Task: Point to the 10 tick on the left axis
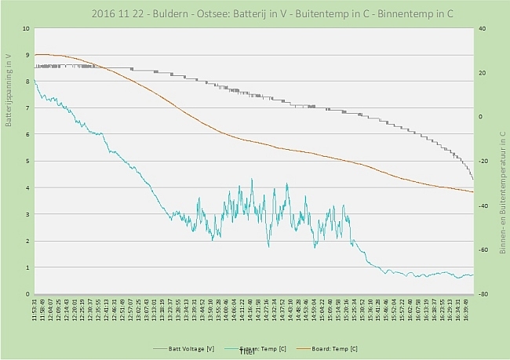tap(26, 28)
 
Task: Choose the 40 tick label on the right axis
tap(483, 28)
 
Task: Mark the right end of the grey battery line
tap(472, 180)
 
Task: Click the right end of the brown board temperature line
tap(473, 191)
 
